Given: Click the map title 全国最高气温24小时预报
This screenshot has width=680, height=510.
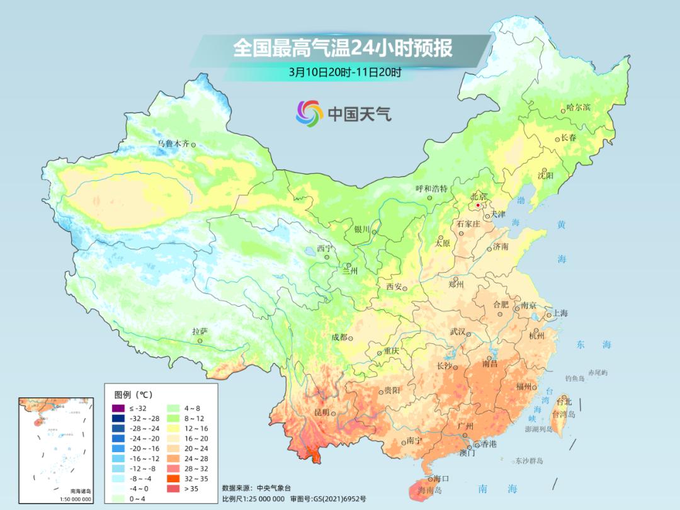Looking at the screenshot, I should pos(343,48).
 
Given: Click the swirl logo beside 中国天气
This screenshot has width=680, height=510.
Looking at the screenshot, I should pos(309,113).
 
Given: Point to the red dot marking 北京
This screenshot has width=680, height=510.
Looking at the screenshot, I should pos(478,205).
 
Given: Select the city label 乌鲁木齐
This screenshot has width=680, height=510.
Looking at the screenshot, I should pos(173,144).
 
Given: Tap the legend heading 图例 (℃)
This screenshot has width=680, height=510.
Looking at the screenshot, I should pos(133,395).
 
